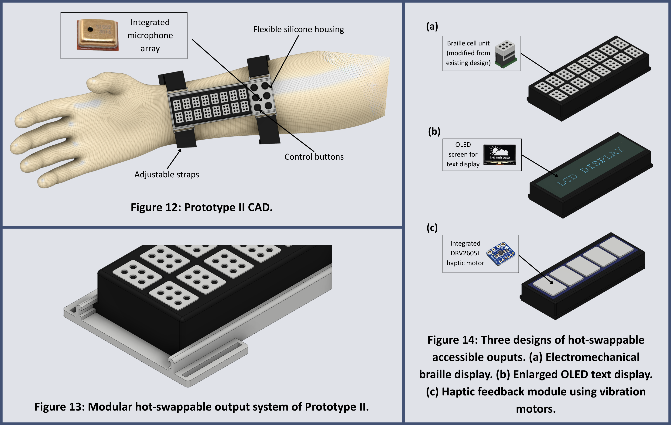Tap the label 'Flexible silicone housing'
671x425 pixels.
pos(298,29)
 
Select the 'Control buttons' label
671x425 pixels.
pos(314,157)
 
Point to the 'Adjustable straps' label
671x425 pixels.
pos(167,175)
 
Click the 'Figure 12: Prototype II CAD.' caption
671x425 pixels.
pos(202,207)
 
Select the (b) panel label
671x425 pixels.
pos(434,131)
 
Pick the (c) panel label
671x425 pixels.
pos(432,227)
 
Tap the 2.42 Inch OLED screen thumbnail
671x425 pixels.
pos(500,155)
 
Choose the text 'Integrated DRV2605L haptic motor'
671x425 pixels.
pos(465,253)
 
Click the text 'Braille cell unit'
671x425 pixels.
pos(468,43)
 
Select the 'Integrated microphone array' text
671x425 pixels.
pos(150,35)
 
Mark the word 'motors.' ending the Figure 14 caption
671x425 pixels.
pos(536,409)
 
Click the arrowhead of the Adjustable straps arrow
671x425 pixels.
pos(180,151)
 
